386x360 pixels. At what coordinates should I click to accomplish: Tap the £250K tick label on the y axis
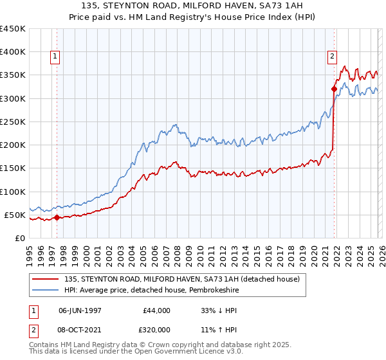[13, 122]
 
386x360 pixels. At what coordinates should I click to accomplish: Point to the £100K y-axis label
[13, 192]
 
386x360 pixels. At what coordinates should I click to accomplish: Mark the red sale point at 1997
[57, 217]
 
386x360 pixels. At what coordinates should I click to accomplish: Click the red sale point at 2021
[334, 89]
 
